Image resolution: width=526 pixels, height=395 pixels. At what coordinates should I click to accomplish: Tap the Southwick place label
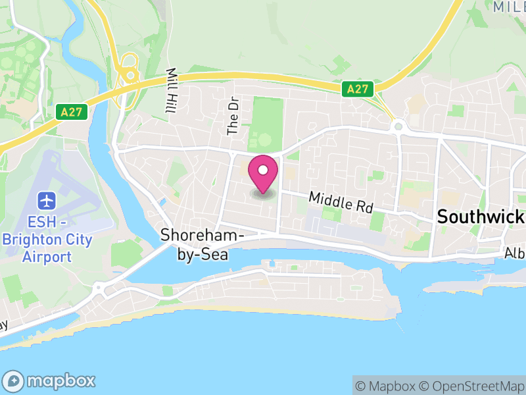pos(480,217)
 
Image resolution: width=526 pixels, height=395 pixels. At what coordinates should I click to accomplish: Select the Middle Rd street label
pos(341,201)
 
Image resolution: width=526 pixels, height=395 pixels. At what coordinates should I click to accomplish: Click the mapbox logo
pos(50,381)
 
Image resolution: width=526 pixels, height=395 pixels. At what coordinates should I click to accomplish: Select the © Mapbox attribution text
pos(387,386)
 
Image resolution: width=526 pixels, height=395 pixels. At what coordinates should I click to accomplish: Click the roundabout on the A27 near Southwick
pos(397,126)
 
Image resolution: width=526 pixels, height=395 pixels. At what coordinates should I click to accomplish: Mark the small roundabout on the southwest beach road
pos(99,288)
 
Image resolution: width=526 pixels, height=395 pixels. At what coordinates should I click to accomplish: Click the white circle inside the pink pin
pos(263,170)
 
